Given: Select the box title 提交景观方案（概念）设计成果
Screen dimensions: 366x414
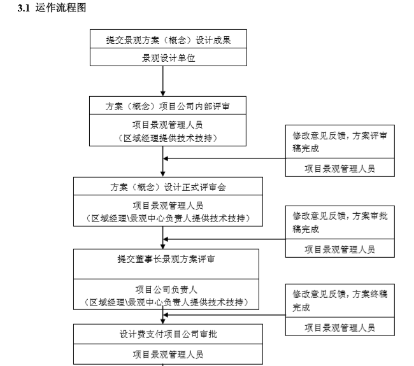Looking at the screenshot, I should [x=168, y=40].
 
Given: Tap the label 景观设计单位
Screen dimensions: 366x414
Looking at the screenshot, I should [x=168, y=58].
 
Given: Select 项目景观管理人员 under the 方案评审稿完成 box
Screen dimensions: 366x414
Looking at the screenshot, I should [x=339, y=169].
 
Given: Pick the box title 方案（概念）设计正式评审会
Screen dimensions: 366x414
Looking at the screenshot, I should [x=168, y=187].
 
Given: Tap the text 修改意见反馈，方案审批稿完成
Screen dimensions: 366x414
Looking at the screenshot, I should [x=339, y=222].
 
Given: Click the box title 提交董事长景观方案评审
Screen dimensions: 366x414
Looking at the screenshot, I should [x=166, y=259].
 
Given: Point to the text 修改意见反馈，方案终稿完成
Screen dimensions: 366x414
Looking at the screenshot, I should [x=339, y=300].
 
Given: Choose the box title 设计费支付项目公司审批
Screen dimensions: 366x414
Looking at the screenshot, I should [x=168, y=334].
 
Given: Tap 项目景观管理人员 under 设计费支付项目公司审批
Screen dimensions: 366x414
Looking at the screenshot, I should [x=168, y=353].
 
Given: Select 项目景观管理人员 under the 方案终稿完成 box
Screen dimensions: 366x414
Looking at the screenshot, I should [x=339, y=328].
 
